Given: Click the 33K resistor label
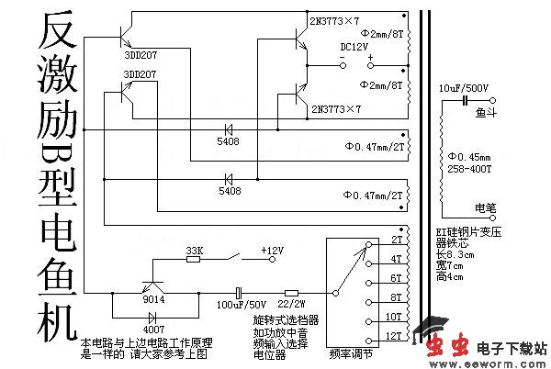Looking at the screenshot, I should coord(194,250).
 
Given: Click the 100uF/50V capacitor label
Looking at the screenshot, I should coord(242,303).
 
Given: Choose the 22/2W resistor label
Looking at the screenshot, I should coord(292,303).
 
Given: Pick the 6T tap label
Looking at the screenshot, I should coord(397,277).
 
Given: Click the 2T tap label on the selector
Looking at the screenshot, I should coord(397,239).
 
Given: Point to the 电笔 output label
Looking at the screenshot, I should coord(485,206).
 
